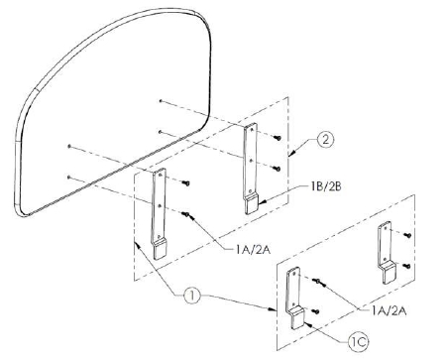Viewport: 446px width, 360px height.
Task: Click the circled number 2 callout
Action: point(325,140)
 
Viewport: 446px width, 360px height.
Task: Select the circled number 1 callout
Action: point(192,296)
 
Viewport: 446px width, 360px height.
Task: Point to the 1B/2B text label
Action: point(326,186)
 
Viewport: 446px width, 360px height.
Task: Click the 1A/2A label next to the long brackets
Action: point(253,250)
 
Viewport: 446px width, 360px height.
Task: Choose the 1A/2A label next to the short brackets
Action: point(389,310)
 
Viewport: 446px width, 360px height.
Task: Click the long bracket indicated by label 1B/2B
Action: point(250,169)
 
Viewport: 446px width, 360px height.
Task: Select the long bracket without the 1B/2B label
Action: point(160,213)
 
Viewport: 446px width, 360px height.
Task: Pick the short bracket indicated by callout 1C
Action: point(294,299)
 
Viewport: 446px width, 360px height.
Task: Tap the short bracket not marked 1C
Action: point(387,253)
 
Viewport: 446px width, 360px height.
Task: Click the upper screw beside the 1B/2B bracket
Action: point(279,138)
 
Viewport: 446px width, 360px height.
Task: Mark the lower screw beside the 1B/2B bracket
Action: point(278,169)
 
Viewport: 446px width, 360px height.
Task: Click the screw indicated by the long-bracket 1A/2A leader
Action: point(186,214)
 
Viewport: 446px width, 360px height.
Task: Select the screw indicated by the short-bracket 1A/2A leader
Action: point(317,281)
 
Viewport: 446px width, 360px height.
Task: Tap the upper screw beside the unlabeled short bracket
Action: point(407,235)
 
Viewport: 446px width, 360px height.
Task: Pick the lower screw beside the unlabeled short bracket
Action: point(407,266)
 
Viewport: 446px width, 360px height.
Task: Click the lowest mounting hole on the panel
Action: point(68,178)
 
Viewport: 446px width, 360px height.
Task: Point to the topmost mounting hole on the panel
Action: point(161,100)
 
